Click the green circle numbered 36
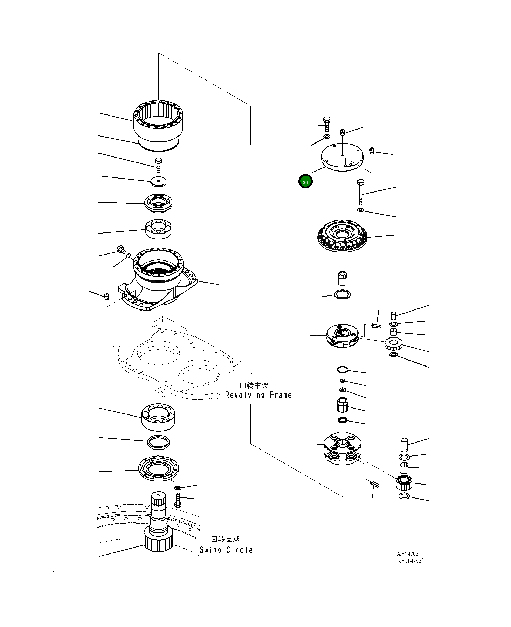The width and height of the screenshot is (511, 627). point(305,181)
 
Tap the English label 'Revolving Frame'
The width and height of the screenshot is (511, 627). point(258,395)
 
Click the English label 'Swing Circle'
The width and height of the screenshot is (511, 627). point(226,550)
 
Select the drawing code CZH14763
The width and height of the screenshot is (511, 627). point(407,553)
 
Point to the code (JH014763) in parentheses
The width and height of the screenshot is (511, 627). point(410,560)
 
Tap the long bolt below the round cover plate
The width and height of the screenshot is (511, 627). point(361,192)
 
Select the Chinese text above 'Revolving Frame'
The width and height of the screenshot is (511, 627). point(254,385)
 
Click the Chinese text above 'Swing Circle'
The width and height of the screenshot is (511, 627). point(225,539)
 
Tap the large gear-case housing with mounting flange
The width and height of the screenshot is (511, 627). point(157,279)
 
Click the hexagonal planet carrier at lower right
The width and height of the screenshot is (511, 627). point(342,448)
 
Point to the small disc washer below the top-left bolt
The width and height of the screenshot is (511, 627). point(158,181)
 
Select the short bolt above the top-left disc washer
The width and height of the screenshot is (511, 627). point(158,165)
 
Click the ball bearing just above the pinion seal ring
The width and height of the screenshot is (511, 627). point(159,417)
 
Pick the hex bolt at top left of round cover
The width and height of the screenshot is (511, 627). point(327,124)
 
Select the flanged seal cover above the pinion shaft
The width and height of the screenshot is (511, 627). point(158,468)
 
